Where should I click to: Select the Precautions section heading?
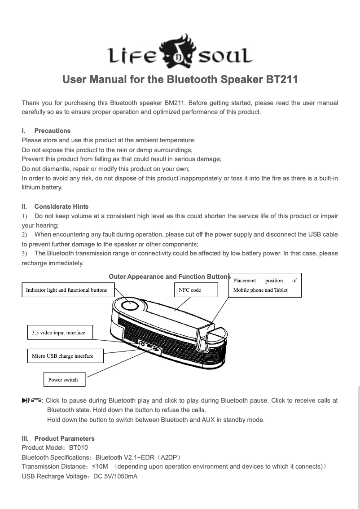[52, 131]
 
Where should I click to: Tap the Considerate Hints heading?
[61, 206]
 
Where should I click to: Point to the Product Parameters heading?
[64, 438]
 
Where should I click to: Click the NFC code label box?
[196, 290]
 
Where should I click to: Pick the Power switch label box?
[64, 380]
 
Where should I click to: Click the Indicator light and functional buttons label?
[66, 290]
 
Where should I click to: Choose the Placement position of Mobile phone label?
[265, 285]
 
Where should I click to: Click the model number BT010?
[79, 448]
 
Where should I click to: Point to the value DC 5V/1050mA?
[115, 476]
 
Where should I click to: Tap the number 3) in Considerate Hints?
[25, 253]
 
